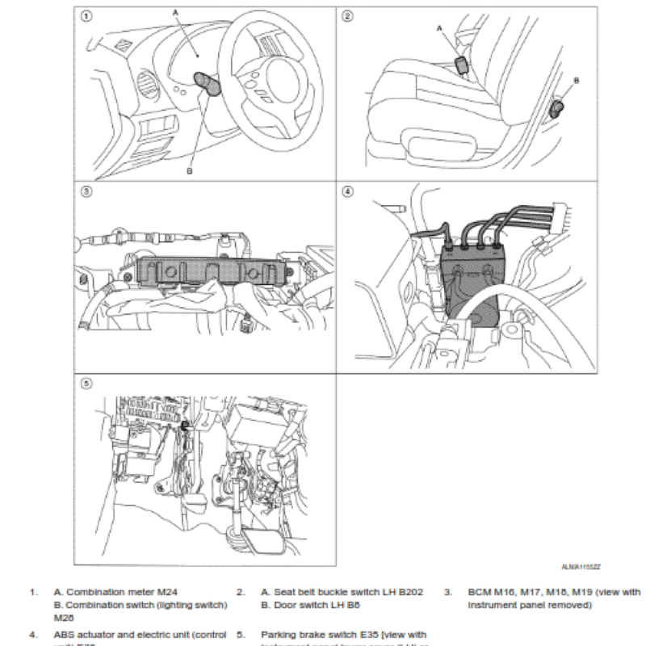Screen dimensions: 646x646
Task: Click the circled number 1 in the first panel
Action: pyautogui.click(x=86, y=15)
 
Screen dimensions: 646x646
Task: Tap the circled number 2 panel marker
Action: pyautogui.click(x=347, y=15)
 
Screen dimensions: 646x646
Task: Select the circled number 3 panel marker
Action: pyautogui.click(x=86, y=192)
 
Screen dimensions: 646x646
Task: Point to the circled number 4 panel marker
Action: pyautogui.click(x=347, y=192)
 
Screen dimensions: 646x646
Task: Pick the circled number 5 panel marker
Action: pyautogui.click(x=86, y=384)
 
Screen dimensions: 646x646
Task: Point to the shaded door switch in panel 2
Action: pyautogui.click(x=558, y=107)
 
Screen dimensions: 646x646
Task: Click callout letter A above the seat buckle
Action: pyautogui.click(x=440, y=27)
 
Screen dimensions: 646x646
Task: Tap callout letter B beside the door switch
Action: pyautogui.click(x=577, y=80)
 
